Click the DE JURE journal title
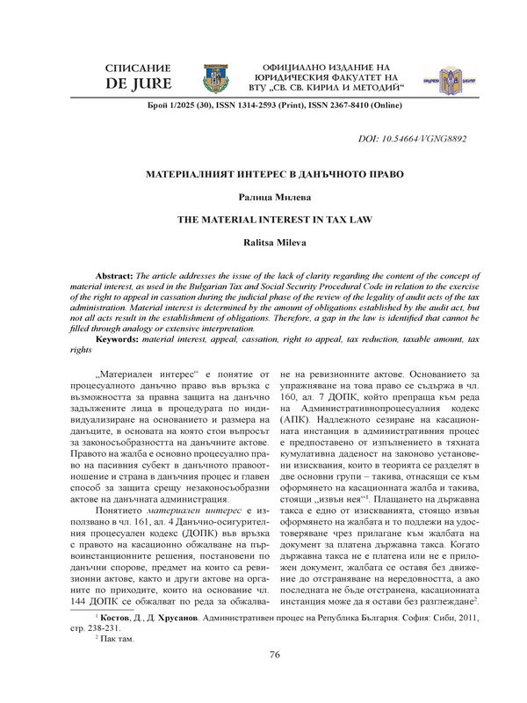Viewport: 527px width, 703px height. tap(135, 85)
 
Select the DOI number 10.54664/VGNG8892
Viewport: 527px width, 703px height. tap(425, 140)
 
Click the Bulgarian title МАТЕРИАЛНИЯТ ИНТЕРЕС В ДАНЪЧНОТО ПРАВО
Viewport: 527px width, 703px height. tap(263, 174)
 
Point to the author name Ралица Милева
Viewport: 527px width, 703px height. tap(263, 201)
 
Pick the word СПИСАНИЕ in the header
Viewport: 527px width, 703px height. tap(135, 68)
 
